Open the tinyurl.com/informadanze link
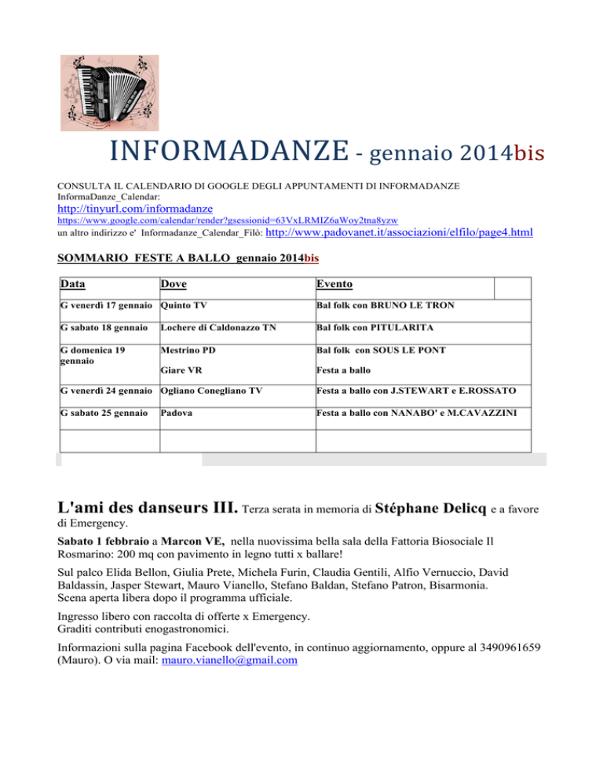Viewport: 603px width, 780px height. pos(136,210)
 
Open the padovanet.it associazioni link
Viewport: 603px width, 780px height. pos(400,233)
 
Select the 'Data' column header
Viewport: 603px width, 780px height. pos(74,285)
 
